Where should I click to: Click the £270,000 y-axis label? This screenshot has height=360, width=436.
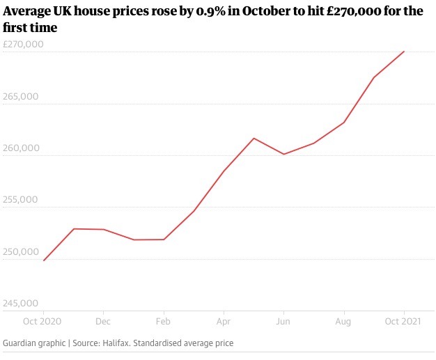tap(23, 45)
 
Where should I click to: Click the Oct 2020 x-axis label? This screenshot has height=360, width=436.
tap(43, 322)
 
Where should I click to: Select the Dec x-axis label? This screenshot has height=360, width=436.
tap(103, 322)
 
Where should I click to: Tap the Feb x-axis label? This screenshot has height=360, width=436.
tap(163, 322)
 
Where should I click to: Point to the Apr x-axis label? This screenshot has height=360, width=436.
tap(224, 322)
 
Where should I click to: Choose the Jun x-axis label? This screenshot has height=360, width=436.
tap(283, 322)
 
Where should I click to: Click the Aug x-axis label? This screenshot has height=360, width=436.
tap(343, 322)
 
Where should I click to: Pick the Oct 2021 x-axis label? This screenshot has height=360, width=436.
tap(404, 322)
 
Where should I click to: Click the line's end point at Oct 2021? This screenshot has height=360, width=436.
tap(404, 52)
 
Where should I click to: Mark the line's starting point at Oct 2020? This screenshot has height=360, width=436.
tap(43, 260)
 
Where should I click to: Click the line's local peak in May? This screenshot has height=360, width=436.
tap(254, 138)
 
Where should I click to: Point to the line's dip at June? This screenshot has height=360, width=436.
tap(283, 154)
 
